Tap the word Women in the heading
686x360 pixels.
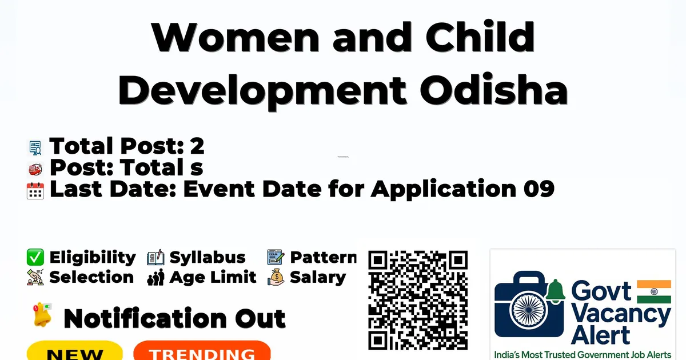[236, 37]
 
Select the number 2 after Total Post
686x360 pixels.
[197, 146]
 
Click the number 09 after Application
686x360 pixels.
[539, 189]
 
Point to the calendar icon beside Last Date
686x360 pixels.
[35, 191]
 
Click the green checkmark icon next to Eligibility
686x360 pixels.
[35, 257]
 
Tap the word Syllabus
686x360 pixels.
[208, 257]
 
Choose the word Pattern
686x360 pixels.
[324, 257]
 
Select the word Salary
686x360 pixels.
[318, 278]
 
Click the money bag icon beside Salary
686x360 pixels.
[276, 277]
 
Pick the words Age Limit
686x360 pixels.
[213, 277]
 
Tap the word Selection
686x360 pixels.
[91, 277]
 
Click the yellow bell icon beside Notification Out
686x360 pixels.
[42, 314]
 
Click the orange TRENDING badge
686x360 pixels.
[202, 351]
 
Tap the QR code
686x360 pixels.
[418, 300]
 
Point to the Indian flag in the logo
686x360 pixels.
[654, 291]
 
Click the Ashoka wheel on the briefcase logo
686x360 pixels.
[529, 310]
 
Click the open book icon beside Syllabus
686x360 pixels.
[155, 257]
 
